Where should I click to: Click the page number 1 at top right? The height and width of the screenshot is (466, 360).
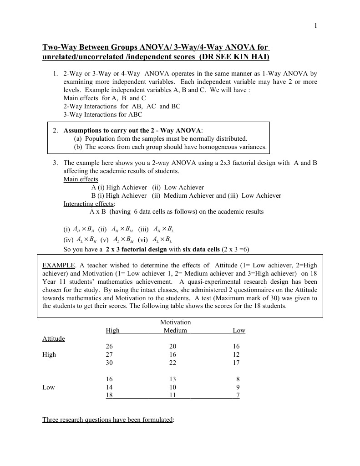(x=316, y=26)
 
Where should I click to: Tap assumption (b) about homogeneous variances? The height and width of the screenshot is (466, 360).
(x=170, y=147)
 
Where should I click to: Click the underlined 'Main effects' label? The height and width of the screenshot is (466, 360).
(x=81, y=179)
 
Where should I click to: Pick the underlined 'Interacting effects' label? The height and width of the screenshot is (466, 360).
(x=89, y=204)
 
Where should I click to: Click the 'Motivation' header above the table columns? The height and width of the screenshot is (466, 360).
(x=176, y=322)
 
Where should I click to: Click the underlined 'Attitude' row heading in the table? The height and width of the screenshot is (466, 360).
(x=54, y=338)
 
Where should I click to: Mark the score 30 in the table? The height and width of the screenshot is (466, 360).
(x=109, y=363)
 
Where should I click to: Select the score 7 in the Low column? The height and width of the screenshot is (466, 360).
(x=238, y=395)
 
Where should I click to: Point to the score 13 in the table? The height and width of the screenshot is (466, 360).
(x=172, y=379)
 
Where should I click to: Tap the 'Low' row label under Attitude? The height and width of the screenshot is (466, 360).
(x=49, y=387)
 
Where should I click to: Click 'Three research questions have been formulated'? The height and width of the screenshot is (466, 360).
(x=108, y=420)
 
